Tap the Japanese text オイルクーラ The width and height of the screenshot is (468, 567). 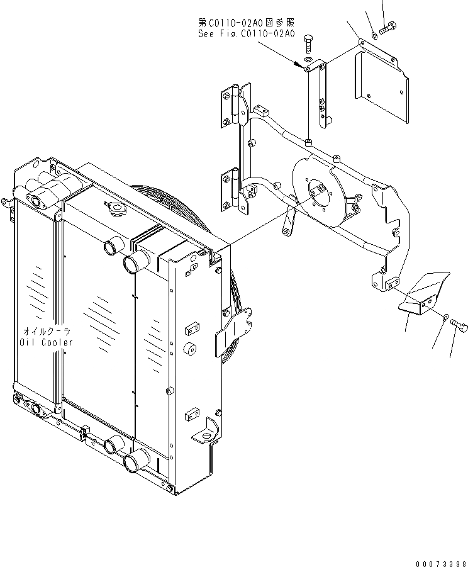pyautogui.click(x=47, y=331)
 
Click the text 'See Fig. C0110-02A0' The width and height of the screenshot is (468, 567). pyautogui.click(x=243, y=34)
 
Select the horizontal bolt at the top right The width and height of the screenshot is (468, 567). pyautogui.click(x=388, y=27)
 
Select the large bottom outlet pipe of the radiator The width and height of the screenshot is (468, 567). pyautogui.click(x=136, y=465)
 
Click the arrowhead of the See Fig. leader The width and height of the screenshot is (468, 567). pyautogui.click(x=301, y=63)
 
